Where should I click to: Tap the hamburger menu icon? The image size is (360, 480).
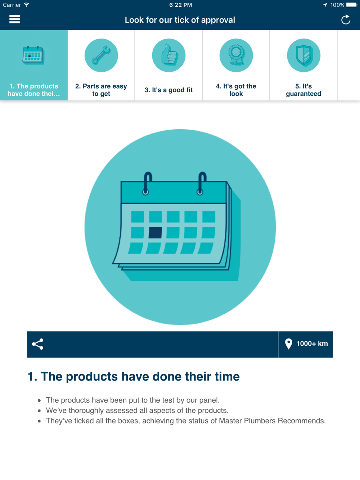14,19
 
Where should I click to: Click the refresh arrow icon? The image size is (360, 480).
346,20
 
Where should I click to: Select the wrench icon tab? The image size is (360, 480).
101,55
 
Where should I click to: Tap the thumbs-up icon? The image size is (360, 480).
169,55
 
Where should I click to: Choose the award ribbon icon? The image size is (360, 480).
236,55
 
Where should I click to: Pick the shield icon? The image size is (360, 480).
303,55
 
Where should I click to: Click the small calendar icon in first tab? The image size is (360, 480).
33,55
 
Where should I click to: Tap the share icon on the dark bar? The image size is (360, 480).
37,344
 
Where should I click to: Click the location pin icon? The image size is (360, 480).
288,344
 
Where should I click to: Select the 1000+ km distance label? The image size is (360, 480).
312,344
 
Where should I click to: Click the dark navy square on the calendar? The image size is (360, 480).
155,232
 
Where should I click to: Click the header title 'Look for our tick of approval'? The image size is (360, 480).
180,20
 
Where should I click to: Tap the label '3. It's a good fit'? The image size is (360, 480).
168,90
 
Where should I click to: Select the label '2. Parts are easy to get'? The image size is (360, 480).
101,90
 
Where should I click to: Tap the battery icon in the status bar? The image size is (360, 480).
352,5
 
